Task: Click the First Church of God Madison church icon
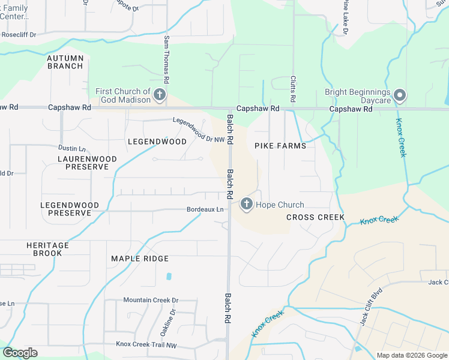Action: pos(160,95)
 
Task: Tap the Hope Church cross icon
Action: pos(246,205)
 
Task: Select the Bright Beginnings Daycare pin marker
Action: pos(400,95)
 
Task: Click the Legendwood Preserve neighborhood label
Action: pos(69,209)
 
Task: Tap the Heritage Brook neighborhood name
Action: pos(47,249)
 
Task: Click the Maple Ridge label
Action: pos(140,259)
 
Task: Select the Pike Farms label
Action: pos(280,146)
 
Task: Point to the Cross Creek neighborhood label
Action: pos(315,217)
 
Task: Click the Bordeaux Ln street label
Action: pos(205,209)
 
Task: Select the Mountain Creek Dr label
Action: pos(151,300)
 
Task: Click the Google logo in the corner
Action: pos(20,353)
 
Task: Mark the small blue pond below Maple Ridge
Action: pos(169,277)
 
